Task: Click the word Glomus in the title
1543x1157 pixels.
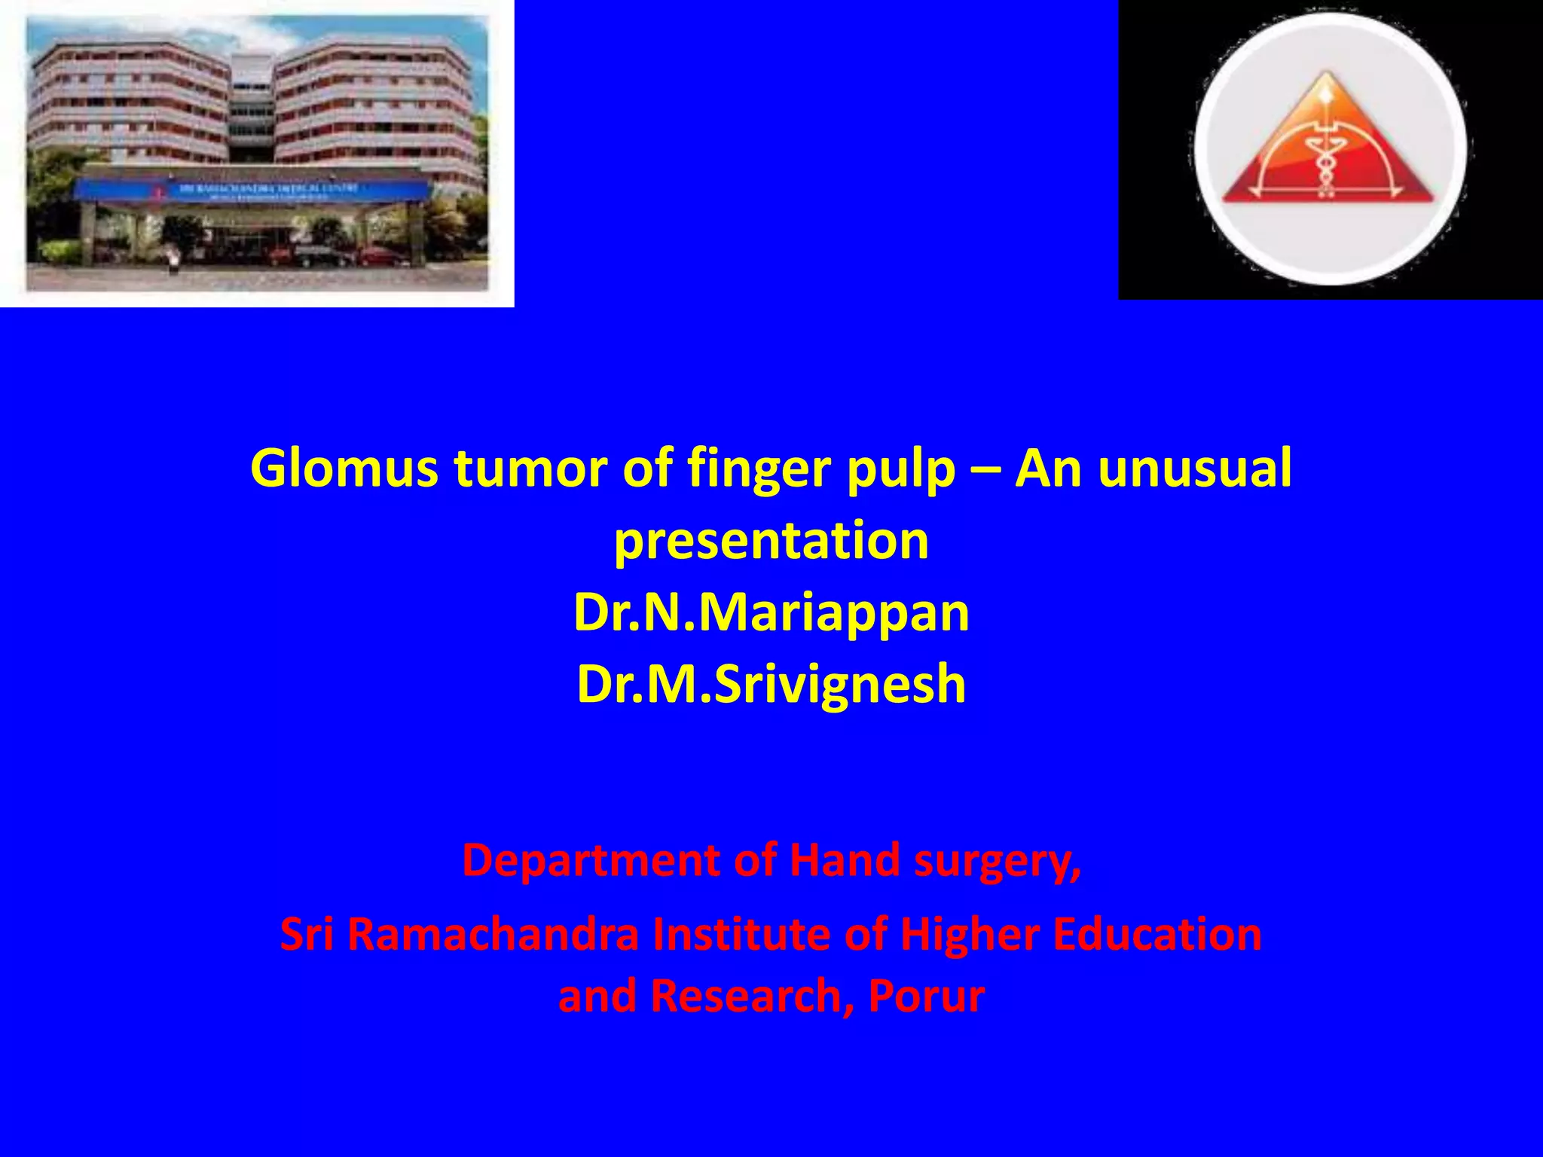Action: [x=344, y=469]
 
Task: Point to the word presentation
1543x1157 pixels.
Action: [x=771, y=541]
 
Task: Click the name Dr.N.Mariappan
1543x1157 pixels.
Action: [x=771, y=612]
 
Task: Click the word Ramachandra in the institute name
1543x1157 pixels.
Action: [x=492, y=935]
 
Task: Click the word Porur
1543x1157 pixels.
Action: [x=927, y=996]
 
